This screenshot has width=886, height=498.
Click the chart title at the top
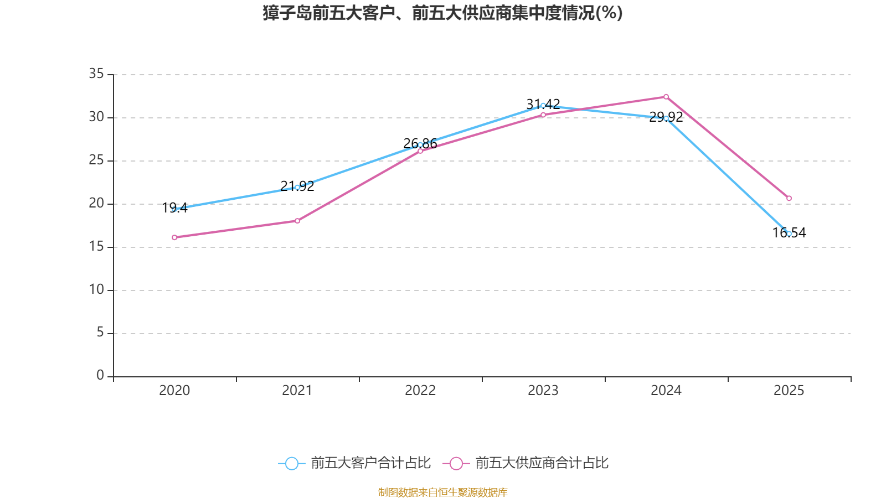(x=442, y=13)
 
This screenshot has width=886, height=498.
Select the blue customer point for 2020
(x=174, y=209)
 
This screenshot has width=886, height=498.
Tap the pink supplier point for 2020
(x=174, y=237)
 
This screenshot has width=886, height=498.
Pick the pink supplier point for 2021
(x=297, y=221)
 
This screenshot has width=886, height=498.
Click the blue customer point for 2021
(x=297, y=187)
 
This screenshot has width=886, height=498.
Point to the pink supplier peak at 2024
(x=666, y=97)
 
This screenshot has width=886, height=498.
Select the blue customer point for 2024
(x=666, y=118)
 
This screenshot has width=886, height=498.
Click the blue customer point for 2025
(x=789, y=234)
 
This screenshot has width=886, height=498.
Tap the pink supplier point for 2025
(x=789, y=198)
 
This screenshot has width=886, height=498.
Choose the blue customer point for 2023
(x=543, y=105)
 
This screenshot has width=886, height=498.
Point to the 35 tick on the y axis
(x=96, y=74)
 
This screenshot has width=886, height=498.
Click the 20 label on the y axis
(x=96, y=203)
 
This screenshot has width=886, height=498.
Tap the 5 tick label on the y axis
(x=100, y=333)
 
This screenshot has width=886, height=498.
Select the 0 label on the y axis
(x=100, y=376)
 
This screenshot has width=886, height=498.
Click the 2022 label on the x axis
(x=420, y=391)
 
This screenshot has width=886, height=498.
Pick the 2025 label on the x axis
(x=789, y=391)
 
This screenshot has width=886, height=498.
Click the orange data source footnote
(x=442, y=492)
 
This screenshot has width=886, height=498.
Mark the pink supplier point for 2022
(x=420, y=151)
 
